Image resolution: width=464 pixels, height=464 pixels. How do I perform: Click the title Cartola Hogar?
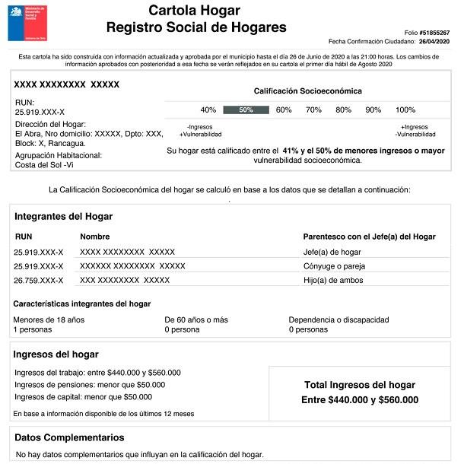click(x=194, y=11)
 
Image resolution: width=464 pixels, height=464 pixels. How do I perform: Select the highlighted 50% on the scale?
click(x=246, y=110)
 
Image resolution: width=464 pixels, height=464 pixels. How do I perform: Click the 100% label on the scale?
click(x=405, y=110)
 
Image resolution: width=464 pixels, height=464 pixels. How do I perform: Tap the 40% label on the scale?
click(x=208, y=110)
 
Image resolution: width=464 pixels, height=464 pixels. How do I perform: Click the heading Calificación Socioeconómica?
click(x=307, y=91)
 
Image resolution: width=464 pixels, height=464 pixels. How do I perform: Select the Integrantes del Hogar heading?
click(x=63, y=217)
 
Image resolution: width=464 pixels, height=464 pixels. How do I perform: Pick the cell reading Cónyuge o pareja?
click(x=334, y=266)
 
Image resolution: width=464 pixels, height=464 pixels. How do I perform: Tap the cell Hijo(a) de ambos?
click(x=332, y=281)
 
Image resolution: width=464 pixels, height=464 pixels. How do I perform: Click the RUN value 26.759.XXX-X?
click(x=39, y=281)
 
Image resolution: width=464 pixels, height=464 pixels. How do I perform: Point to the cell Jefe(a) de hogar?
click(x=332, y=252)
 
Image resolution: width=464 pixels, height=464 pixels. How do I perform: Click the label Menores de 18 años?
click(x=49, y=319)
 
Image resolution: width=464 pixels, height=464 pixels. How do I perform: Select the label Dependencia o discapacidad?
click(x=339, y=319)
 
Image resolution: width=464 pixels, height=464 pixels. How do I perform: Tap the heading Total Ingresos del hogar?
click(x=360, y=385)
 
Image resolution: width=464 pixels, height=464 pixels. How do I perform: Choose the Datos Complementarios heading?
click(x=69, y=437)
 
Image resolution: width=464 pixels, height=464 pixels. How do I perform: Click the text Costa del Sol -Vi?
click(x=45, y=164)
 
